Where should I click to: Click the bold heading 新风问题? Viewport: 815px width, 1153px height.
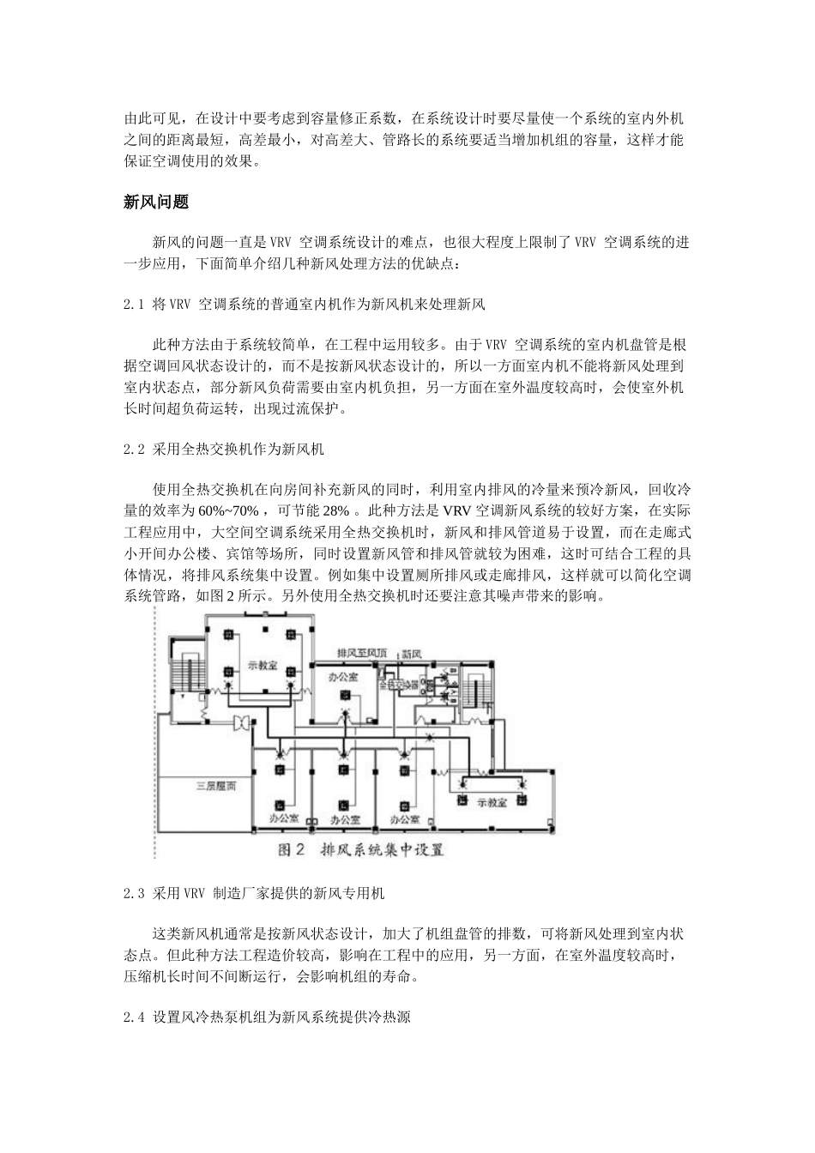[156, 202]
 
